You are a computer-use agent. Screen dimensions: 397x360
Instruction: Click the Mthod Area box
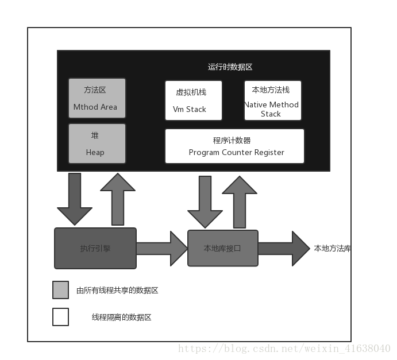point(97,98)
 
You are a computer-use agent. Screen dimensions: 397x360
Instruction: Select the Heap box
point(97,144)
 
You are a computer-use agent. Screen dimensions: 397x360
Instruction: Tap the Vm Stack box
point(193,100)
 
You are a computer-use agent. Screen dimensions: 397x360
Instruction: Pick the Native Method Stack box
point(272,100)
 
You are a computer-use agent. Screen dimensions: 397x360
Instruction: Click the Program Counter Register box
point(234,146)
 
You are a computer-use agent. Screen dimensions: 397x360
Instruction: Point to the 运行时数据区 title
point(230,67)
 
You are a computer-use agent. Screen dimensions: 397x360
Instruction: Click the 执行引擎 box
point(95,248)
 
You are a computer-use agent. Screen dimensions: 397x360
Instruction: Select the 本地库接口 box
point(223,248)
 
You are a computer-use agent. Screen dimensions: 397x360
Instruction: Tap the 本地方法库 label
point(332,249)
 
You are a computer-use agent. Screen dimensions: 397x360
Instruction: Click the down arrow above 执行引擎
point(75,198)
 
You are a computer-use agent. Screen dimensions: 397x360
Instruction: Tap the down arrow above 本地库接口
point(205,201)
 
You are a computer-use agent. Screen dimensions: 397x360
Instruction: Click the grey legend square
point(60,290)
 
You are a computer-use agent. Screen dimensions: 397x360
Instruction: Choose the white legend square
point(60,317)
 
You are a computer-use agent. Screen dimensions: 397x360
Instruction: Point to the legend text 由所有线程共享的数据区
point(117,291)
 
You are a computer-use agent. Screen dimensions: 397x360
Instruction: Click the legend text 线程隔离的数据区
point(121,317)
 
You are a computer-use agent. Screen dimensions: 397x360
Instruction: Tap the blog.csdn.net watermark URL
point(284,349)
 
